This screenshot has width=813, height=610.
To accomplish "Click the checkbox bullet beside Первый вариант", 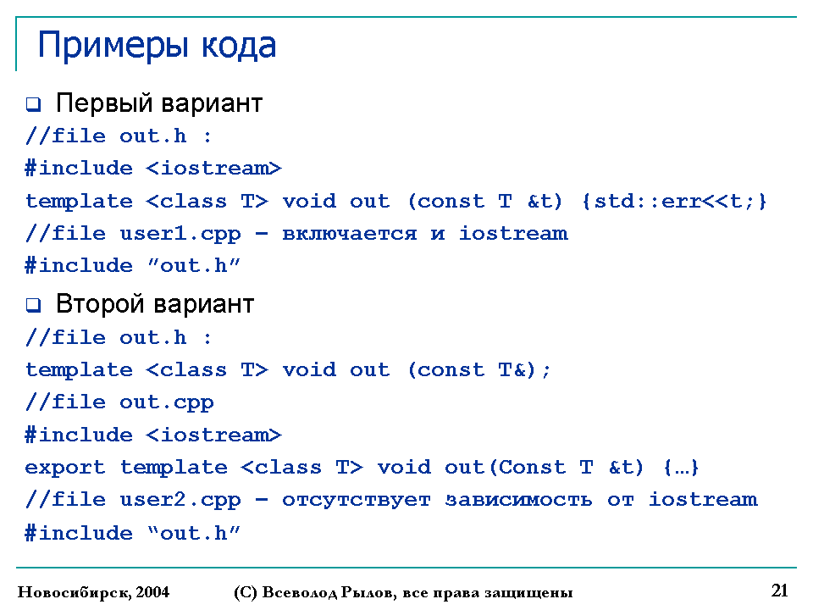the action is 34,104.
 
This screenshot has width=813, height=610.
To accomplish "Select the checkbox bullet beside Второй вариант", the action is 34,305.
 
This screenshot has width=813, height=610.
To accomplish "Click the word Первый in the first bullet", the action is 104,103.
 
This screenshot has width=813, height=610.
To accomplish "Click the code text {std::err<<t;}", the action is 674,202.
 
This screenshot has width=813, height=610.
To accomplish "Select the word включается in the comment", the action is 350,234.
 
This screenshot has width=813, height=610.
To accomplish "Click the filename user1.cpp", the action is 180,235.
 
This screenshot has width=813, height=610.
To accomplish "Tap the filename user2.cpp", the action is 180,501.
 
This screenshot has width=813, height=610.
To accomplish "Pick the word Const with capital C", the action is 528,468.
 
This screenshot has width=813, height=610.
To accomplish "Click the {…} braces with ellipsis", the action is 681,468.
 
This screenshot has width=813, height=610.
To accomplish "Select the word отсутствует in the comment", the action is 357,501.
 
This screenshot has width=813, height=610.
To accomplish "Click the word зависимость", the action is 518,500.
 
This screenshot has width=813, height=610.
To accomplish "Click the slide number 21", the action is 780,591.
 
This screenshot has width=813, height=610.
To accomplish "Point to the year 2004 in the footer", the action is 153,592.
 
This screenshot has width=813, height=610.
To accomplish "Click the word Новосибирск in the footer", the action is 74,592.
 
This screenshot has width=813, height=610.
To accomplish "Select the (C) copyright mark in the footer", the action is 246,592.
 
